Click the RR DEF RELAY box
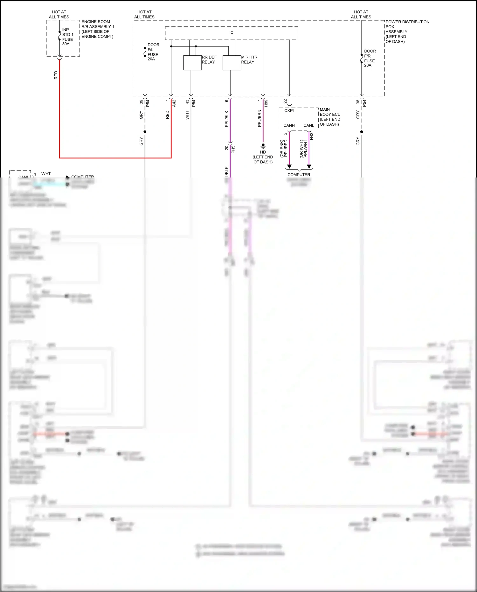click(x=192, y=63)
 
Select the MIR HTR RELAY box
click(x=232, y=63)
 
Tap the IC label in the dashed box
click(x=232, y=32)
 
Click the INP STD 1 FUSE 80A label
click(x=67, y=37)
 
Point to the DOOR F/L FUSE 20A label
click(x=153, y=52)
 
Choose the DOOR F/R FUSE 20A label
click(x=370, y=58)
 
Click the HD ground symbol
click(x=263, y=146)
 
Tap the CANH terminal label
click(x=289, y=125)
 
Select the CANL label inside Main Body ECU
click(x=309, y=125)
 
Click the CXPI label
click(x=289, y=110)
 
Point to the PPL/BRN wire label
click(x=259, y=118)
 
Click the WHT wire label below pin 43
click(x=187, y=115)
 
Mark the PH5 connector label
click(x=233, y=149)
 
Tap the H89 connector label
click(x=266, y=103)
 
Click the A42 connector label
click(x=174, y=103)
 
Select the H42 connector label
click(x=312, y=136)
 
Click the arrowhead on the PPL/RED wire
click(x=289, y=166)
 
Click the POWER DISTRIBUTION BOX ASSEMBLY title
click(x=407, y=31)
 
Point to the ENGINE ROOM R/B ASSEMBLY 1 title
click(x=97, y=29)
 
